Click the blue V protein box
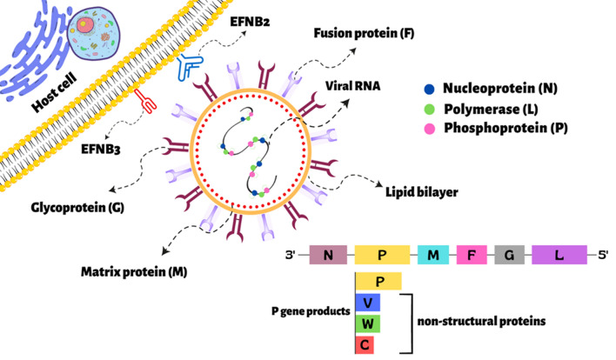click(367, 303)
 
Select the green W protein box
click(367, 323)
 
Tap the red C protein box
click(367, 344)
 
